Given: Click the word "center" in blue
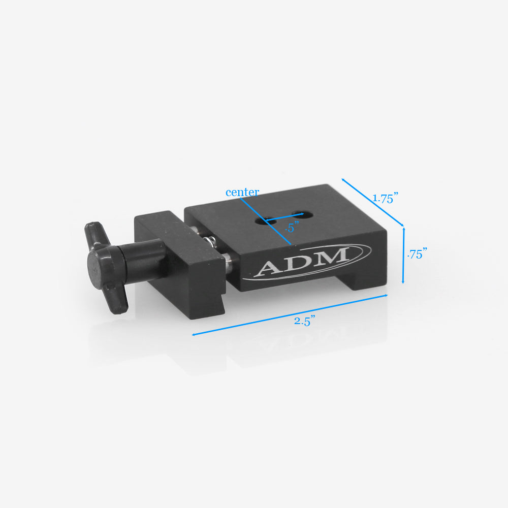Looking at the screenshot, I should click(x=242, y=193).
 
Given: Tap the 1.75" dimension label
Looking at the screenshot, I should click(x=385, y=199).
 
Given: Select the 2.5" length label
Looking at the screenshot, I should click(x=305, y=321).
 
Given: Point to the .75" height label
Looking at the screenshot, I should click(x=417, y=255).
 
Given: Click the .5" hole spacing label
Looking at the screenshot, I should click(x=290, y=228).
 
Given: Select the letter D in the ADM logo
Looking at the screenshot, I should click(x=301, y=261).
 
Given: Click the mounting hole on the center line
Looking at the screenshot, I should click(x=261, y=220).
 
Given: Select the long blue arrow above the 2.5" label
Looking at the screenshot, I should click(x=290, y=315).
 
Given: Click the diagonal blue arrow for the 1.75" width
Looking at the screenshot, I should click(x=372, y=202).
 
